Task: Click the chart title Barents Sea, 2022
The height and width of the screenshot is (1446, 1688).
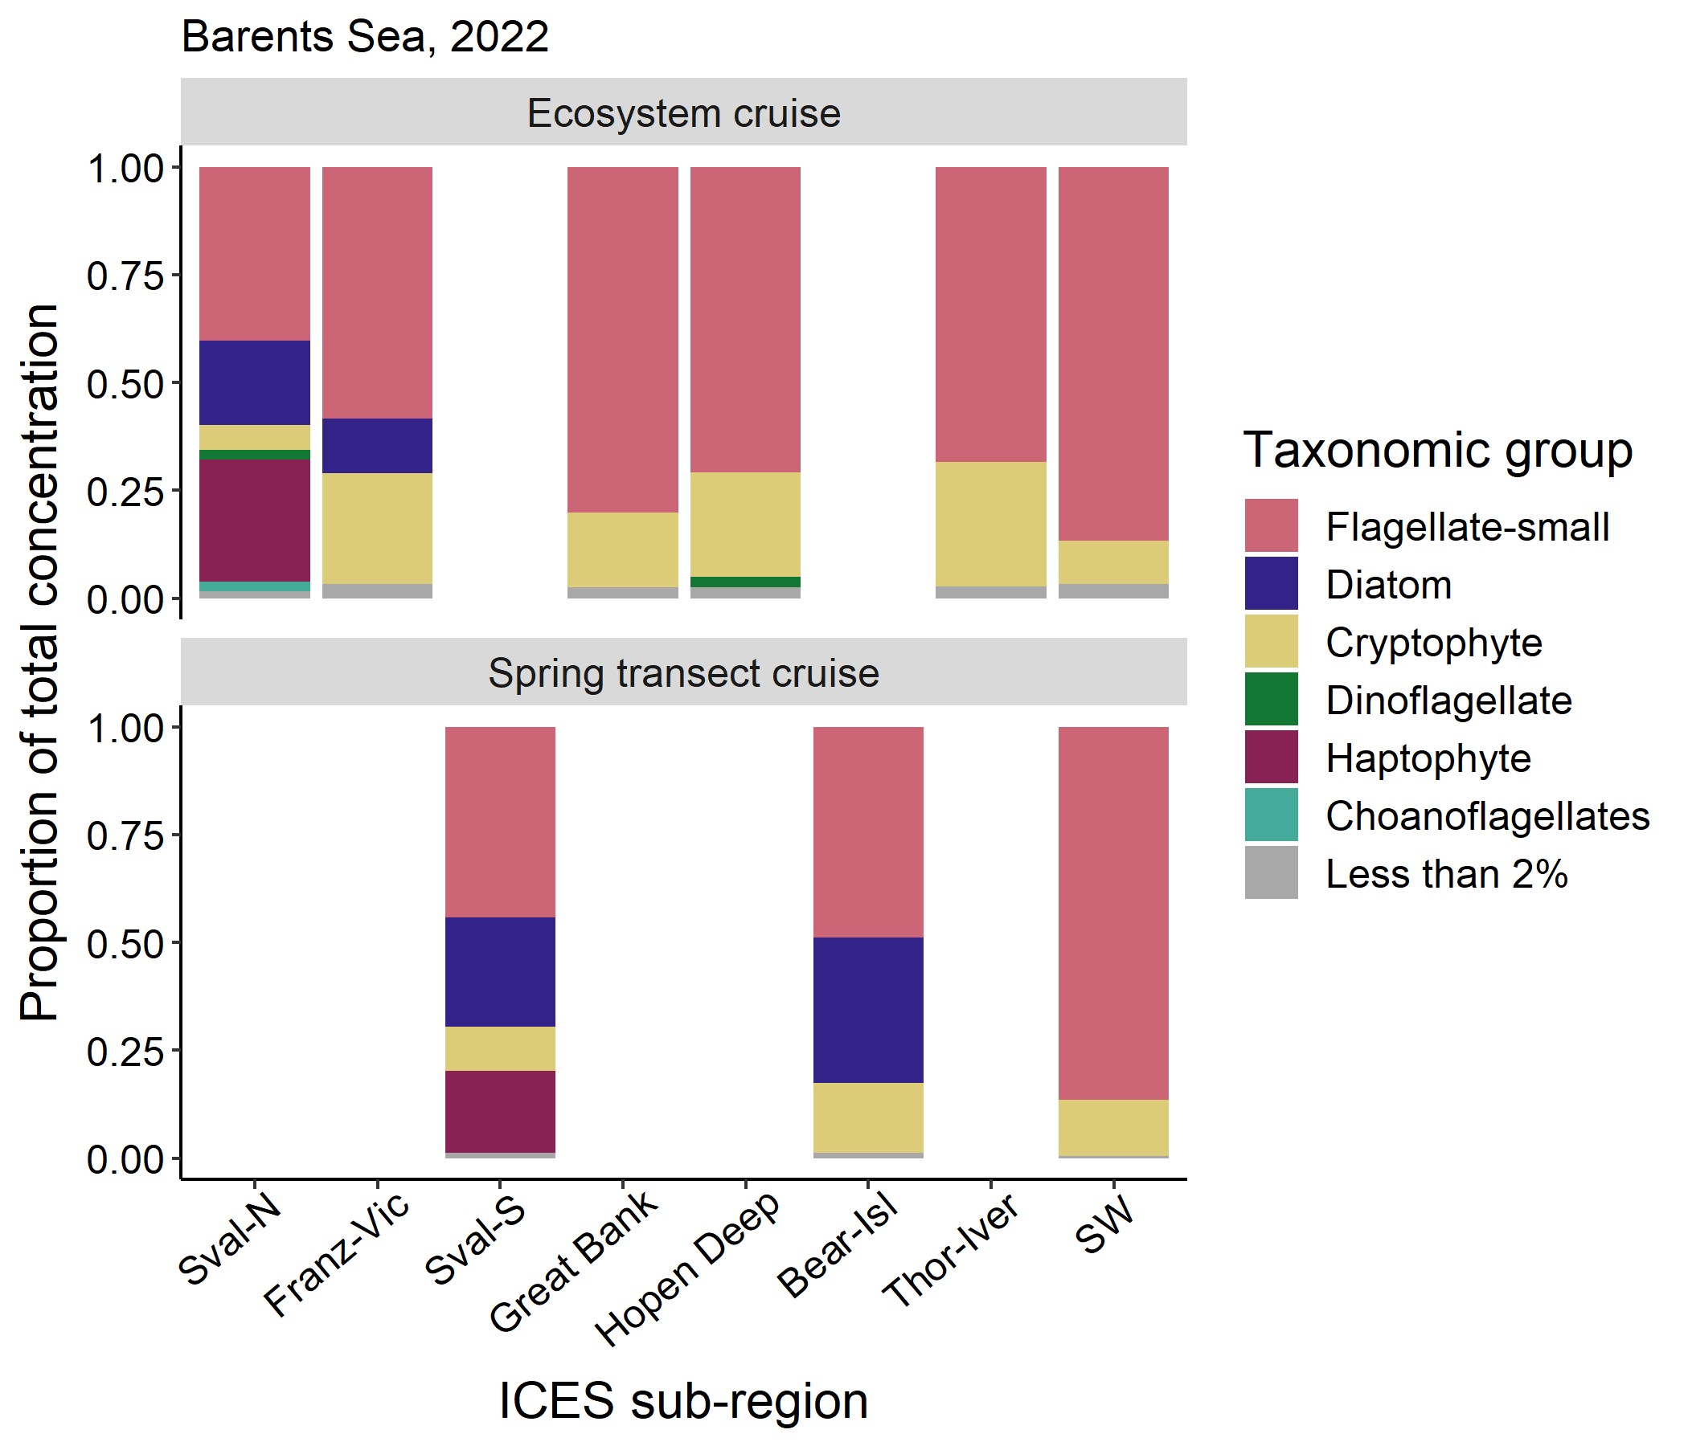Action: pyautogui.click(x=364, y=38)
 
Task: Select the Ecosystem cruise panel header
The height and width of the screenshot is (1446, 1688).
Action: pyautogui.click(x=682, y=112)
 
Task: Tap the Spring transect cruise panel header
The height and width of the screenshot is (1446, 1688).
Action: pyautogui.click(x=682, y=672)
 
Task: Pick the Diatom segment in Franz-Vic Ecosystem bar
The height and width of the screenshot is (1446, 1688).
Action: pyautogui.click(x=377, y=445)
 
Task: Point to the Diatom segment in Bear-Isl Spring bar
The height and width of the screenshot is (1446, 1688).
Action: pyautogui.click(x=867, y=1010)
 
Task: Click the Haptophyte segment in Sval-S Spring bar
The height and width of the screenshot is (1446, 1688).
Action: pyautogui.click(x=500, y=1110)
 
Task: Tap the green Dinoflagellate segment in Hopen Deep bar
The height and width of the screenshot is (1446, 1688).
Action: pyautogui.click(x=744, y=582)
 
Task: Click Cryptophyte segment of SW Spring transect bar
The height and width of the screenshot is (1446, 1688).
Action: pyautogui.click(x=1112, y=1127)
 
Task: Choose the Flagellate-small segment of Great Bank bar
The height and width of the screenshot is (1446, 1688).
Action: pyautogui.click(x=622, y=339)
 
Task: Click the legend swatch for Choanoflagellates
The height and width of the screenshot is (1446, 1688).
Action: pyautogui.click(x=1270, y=815)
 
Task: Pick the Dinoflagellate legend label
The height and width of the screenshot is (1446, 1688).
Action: pyautogui.click(x=1448, y=701)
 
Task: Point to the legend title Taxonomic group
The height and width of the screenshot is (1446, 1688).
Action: pyautogui.click(x=1437, y=449)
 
